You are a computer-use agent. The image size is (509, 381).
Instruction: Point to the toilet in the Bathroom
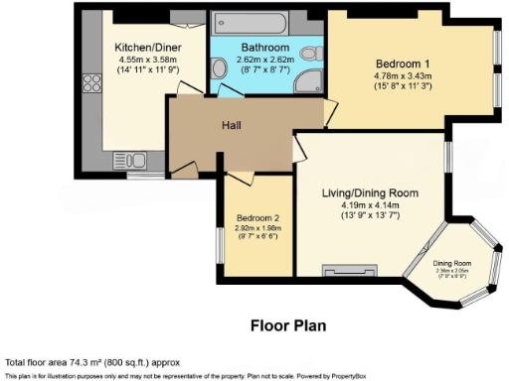312,55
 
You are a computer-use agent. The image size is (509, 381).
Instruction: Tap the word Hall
234,125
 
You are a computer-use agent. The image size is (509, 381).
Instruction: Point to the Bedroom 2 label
256,218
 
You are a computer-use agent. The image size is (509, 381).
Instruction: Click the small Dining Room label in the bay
450,262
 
